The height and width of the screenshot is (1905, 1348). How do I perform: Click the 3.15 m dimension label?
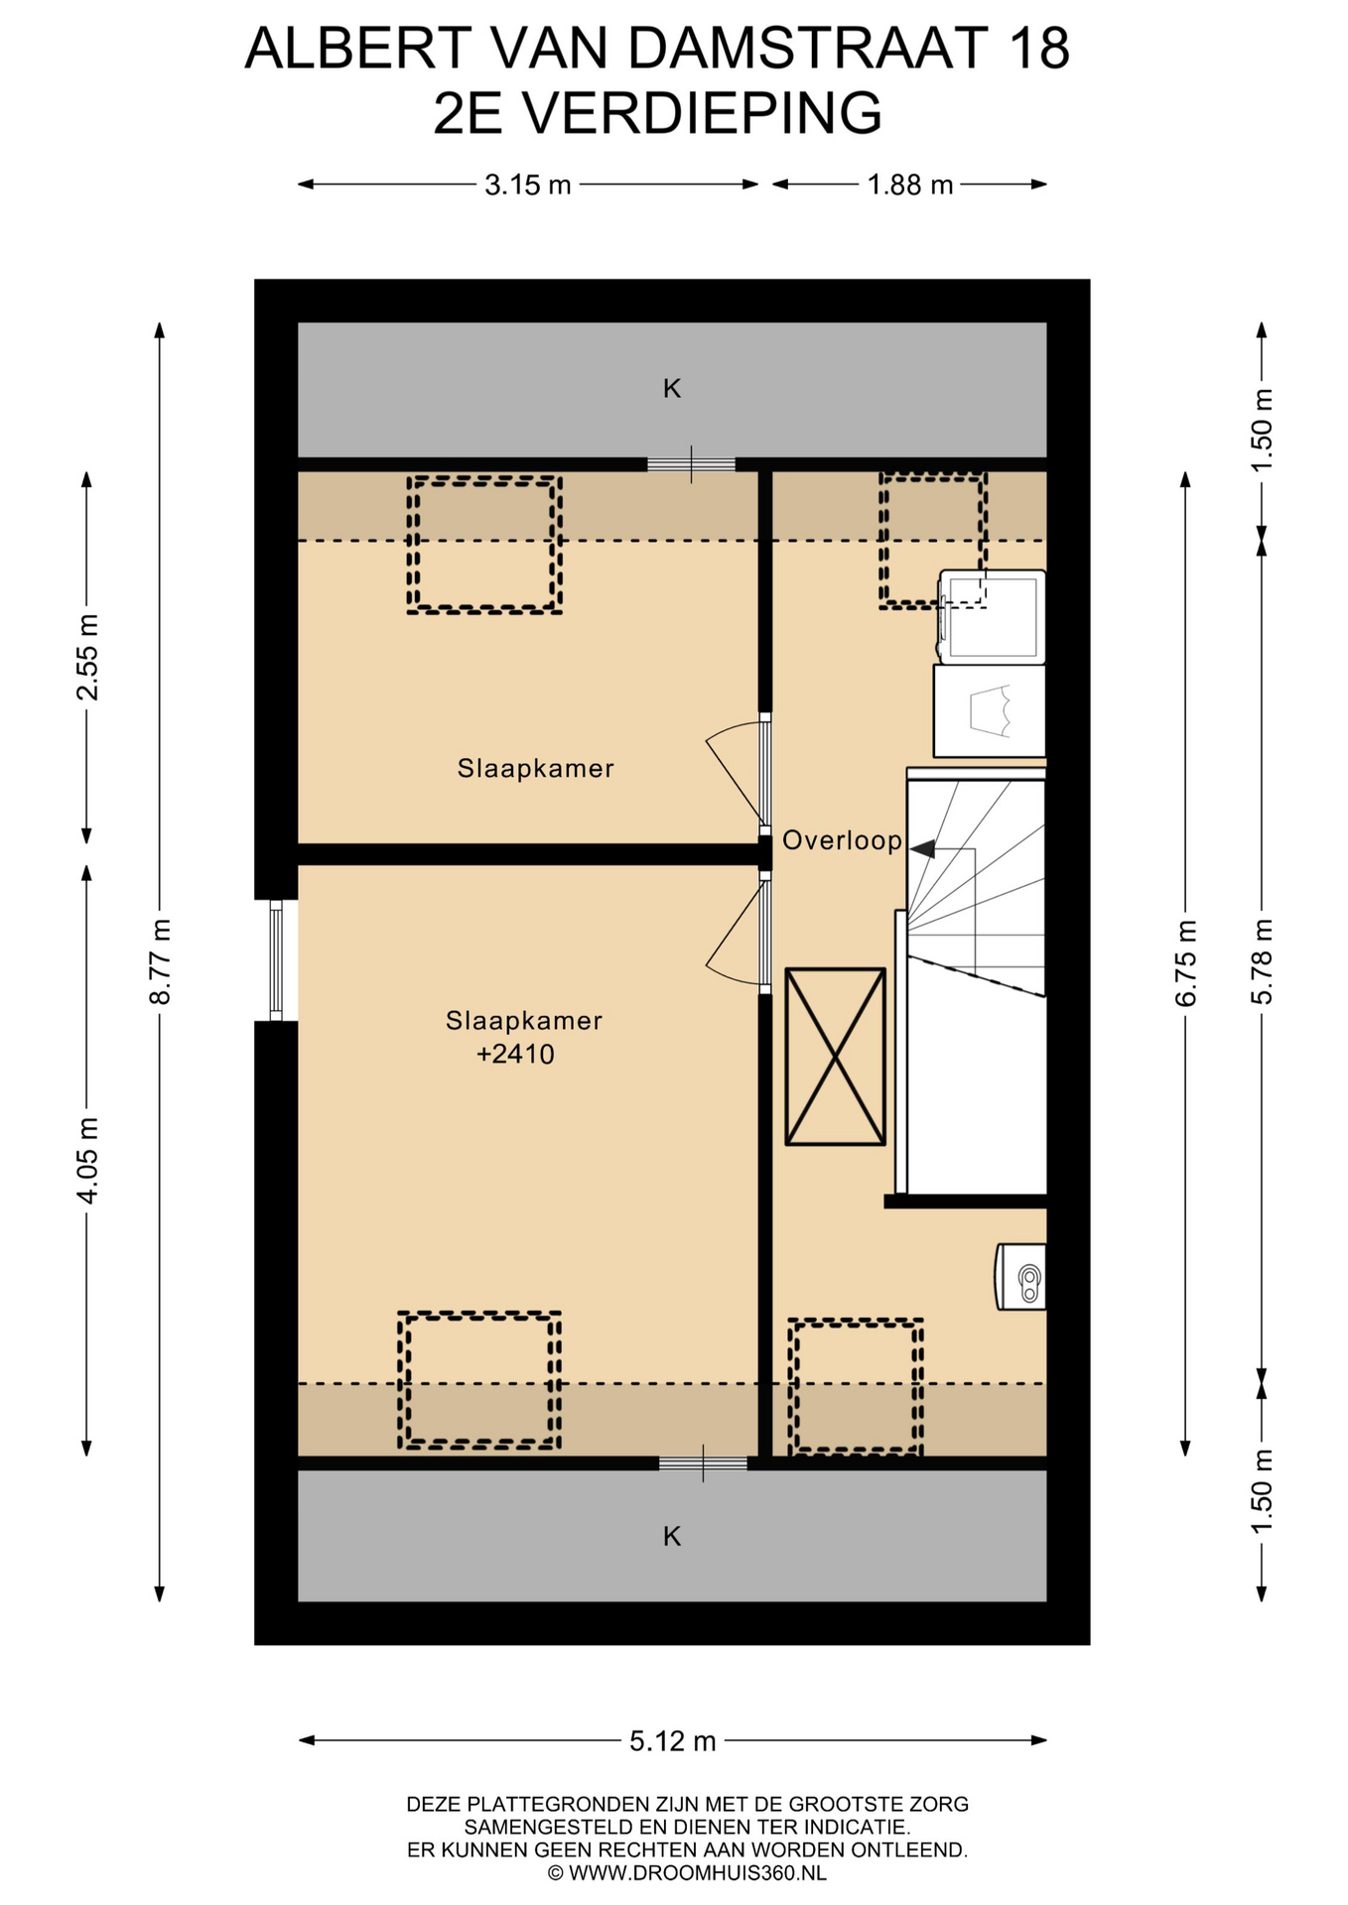pos(528,185)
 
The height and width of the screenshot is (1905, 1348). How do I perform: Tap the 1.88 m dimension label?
pos(910,185)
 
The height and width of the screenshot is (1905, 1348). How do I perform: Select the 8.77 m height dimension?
pos(160,961)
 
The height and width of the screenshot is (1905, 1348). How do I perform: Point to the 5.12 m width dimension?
pos(673,1740)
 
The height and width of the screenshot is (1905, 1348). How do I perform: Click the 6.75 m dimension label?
pos(1186,963)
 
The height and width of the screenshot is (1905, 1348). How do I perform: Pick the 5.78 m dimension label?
pos(1262,961)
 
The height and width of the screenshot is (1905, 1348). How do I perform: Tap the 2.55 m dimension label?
pos(87,658)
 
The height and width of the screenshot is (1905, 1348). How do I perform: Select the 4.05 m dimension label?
pos(87,1162)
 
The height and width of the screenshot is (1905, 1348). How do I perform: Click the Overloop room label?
pos(842,841)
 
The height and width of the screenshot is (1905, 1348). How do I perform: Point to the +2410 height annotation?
pos(515,1054)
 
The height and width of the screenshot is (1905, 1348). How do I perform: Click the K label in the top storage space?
pos(672,389)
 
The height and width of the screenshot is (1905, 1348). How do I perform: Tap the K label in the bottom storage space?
pos(672,1537)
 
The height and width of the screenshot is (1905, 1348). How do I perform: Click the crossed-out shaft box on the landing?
pos(835,1057)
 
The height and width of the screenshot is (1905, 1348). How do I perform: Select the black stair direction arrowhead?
pos(922,849)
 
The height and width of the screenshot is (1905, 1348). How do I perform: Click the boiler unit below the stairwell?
pos(1020,1277)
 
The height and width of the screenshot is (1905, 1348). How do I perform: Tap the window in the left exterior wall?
pos(277,960)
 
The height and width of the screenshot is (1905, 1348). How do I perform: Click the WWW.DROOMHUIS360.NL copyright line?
pos(687,1873)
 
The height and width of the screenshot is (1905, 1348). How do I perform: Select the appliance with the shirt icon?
pos(989,711)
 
